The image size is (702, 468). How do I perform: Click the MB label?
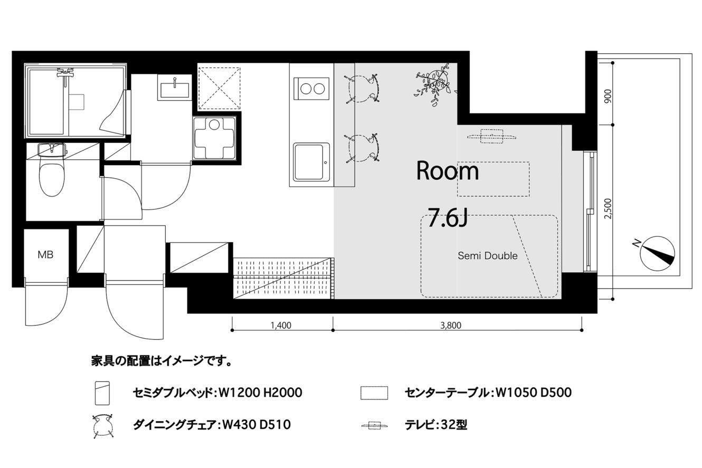[45, 255]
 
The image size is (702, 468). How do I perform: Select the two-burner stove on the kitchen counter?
[311, 89]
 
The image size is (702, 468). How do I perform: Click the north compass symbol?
[658, 253]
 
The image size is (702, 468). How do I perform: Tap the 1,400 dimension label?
[281, 326]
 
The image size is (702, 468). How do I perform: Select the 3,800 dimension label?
[451, 326]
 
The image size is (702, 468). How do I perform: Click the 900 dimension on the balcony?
[608, 97]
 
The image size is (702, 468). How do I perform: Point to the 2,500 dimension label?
[608, 208]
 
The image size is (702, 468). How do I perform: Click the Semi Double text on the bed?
[488, 256]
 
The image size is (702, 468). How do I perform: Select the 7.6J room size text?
[448, 218]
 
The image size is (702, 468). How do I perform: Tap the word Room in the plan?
[448, 171]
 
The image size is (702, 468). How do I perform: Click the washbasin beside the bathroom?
[175, 88]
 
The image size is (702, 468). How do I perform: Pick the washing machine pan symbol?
[215, 138]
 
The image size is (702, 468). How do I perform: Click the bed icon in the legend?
[102, 393]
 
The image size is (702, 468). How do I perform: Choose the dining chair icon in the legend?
[103, 426]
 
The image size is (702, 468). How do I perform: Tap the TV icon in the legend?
[375, 426]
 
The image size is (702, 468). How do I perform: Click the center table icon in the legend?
[374, 393]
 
